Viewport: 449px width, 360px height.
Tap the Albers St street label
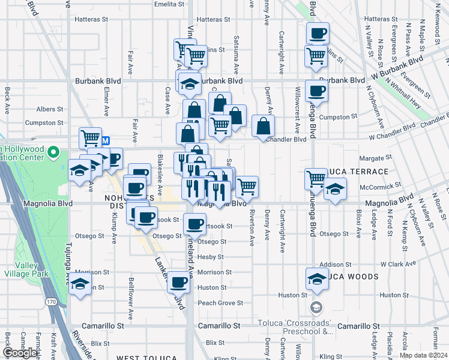tap(49, 109)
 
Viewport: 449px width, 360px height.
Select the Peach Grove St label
tap(217, 303)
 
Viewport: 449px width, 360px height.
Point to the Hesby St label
tap(211, 257)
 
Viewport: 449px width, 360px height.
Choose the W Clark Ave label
tap(398, 264)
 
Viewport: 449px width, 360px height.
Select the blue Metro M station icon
tap(106, 140)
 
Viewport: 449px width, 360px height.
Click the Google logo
tap(20, 353)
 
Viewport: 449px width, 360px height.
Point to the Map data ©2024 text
tap(423, 355)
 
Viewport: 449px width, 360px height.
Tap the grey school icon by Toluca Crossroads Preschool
tap(316, 308)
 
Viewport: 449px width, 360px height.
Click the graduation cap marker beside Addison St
tap(317, 278)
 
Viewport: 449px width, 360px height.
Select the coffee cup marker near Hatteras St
tap(318, 32)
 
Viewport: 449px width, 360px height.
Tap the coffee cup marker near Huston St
tap(177, 281)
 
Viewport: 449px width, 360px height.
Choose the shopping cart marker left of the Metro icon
tap(90, 137)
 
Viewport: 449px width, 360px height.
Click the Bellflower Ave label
tap(130, 298)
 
